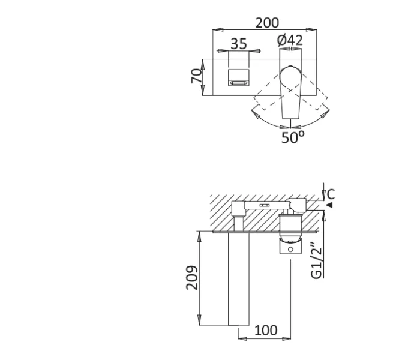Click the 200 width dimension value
click(x=267, y=23)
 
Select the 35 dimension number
click(x=239, y=44)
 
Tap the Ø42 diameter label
click(x=290, y=40)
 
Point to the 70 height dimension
click(x=196, y=76)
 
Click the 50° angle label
click(x=293, y=137)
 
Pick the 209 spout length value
click(x=192, y=278)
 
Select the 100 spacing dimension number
click(x=266, y=331)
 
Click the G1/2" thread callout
click(x=317, y=260)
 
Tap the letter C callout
click(x=331, y=194)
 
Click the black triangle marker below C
click(x=329, y=205)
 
